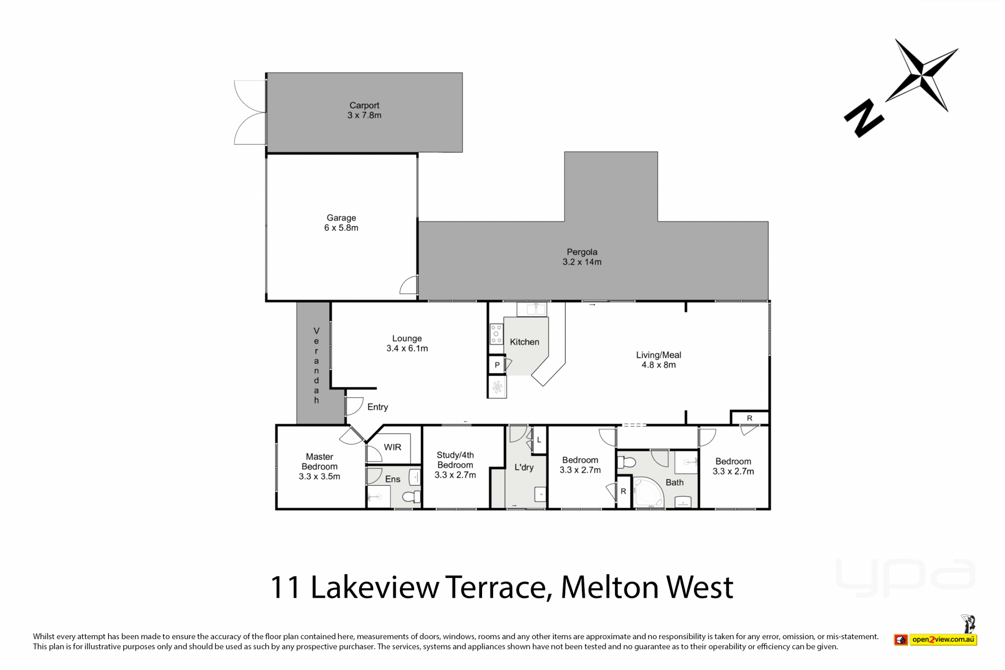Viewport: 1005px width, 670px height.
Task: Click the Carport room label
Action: [364, 105]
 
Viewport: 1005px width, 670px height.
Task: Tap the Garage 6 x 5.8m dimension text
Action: [341, 228]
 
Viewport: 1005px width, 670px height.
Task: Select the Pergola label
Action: [582, 252]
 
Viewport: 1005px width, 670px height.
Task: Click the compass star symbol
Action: [922, 75]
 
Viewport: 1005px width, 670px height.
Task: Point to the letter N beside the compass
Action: [864, 119]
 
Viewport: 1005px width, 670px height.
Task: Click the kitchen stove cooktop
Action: [496, 334]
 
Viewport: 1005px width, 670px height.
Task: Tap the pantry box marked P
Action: [497, 365]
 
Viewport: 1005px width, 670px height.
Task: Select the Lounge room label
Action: [407, 339]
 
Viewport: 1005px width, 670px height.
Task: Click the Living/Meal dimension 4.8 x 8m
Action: [658, 365]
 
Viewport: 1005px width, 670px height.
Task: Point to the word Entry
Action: [377, 407]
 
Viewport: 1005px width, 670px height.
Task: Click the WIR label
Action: [393, 447]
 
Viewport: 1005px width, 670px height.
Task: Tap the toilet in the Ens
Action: [411, 496]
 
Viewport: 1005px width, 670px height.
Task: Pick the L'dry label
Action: [524, 467]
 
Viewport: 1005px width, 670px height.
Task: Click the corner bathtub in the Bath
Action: [648, 493]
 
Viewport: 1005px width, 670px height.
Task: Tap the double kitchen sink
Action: [532, 309]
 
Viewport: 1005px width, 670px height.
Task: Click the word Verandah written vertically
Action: [316, 365]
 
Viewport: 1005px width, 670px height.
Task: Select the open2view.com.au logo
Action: [935, 639]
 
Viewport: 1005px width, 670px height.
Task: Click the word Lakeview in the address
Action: [375, 587]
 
